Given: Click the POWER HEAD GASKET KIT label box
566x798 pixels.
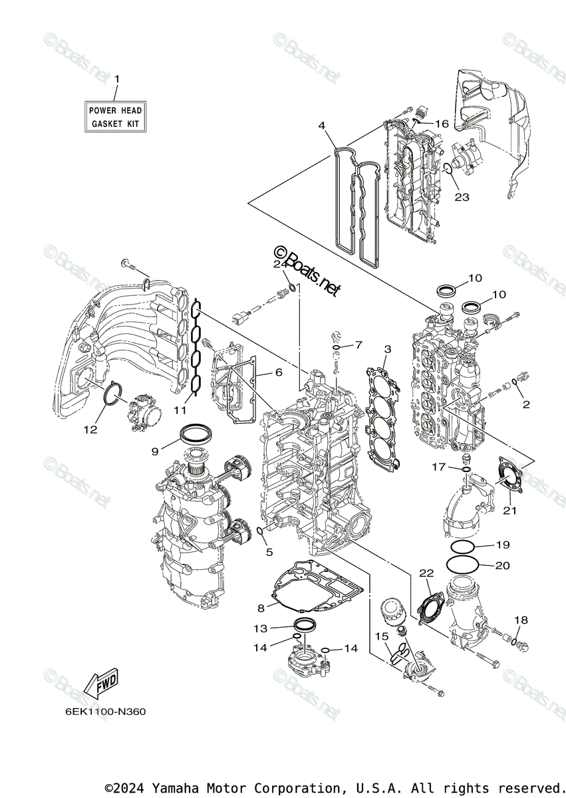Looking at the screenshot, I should (x=116, y=117).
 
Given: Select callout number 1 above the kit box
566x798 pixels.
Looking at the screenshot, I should (x=117, y=79).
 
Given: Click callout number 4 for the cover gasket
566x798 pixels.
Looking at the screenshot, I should (x=321, y=125).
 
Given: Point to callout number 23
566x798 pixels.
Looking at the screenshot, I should (x=462, y=197).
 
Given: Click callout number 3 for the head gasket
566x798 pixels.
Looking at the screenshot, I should (x=387, y=348).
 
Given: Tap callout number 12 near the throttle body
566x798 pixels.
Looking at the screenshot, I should (x=90, y=430).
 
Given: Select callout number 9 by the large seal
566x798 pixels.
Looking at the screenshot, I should (x=154, y=452).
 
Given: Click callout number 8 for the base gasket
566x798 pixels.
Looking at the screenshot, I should (x=261, y=608).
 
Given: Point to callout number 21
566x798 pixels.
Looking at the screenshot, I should (x=509, y=510).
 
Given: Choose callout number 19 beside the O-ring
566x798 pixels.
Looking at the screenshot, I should (x=502, y=545).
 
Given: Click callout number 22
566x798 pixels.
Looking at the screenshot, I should (x=426, y=573).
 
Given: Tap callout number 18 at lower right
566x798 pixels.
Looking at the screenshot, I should (x=521, y=620).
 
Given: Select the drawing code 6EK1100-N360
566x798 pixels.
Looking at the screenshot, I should (x=105, y=711).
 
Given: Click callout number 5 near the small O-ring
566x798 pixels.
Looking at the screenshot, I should (x=269, y=551).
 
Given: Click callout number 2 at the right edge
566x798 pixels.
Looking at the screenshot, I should (x=525, y=404).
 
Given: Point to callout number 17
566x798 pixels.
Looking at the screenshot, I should (x=438, y=467).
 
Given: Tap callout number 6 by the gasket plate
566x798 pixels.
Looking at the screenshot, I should (x=278, y=372).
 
